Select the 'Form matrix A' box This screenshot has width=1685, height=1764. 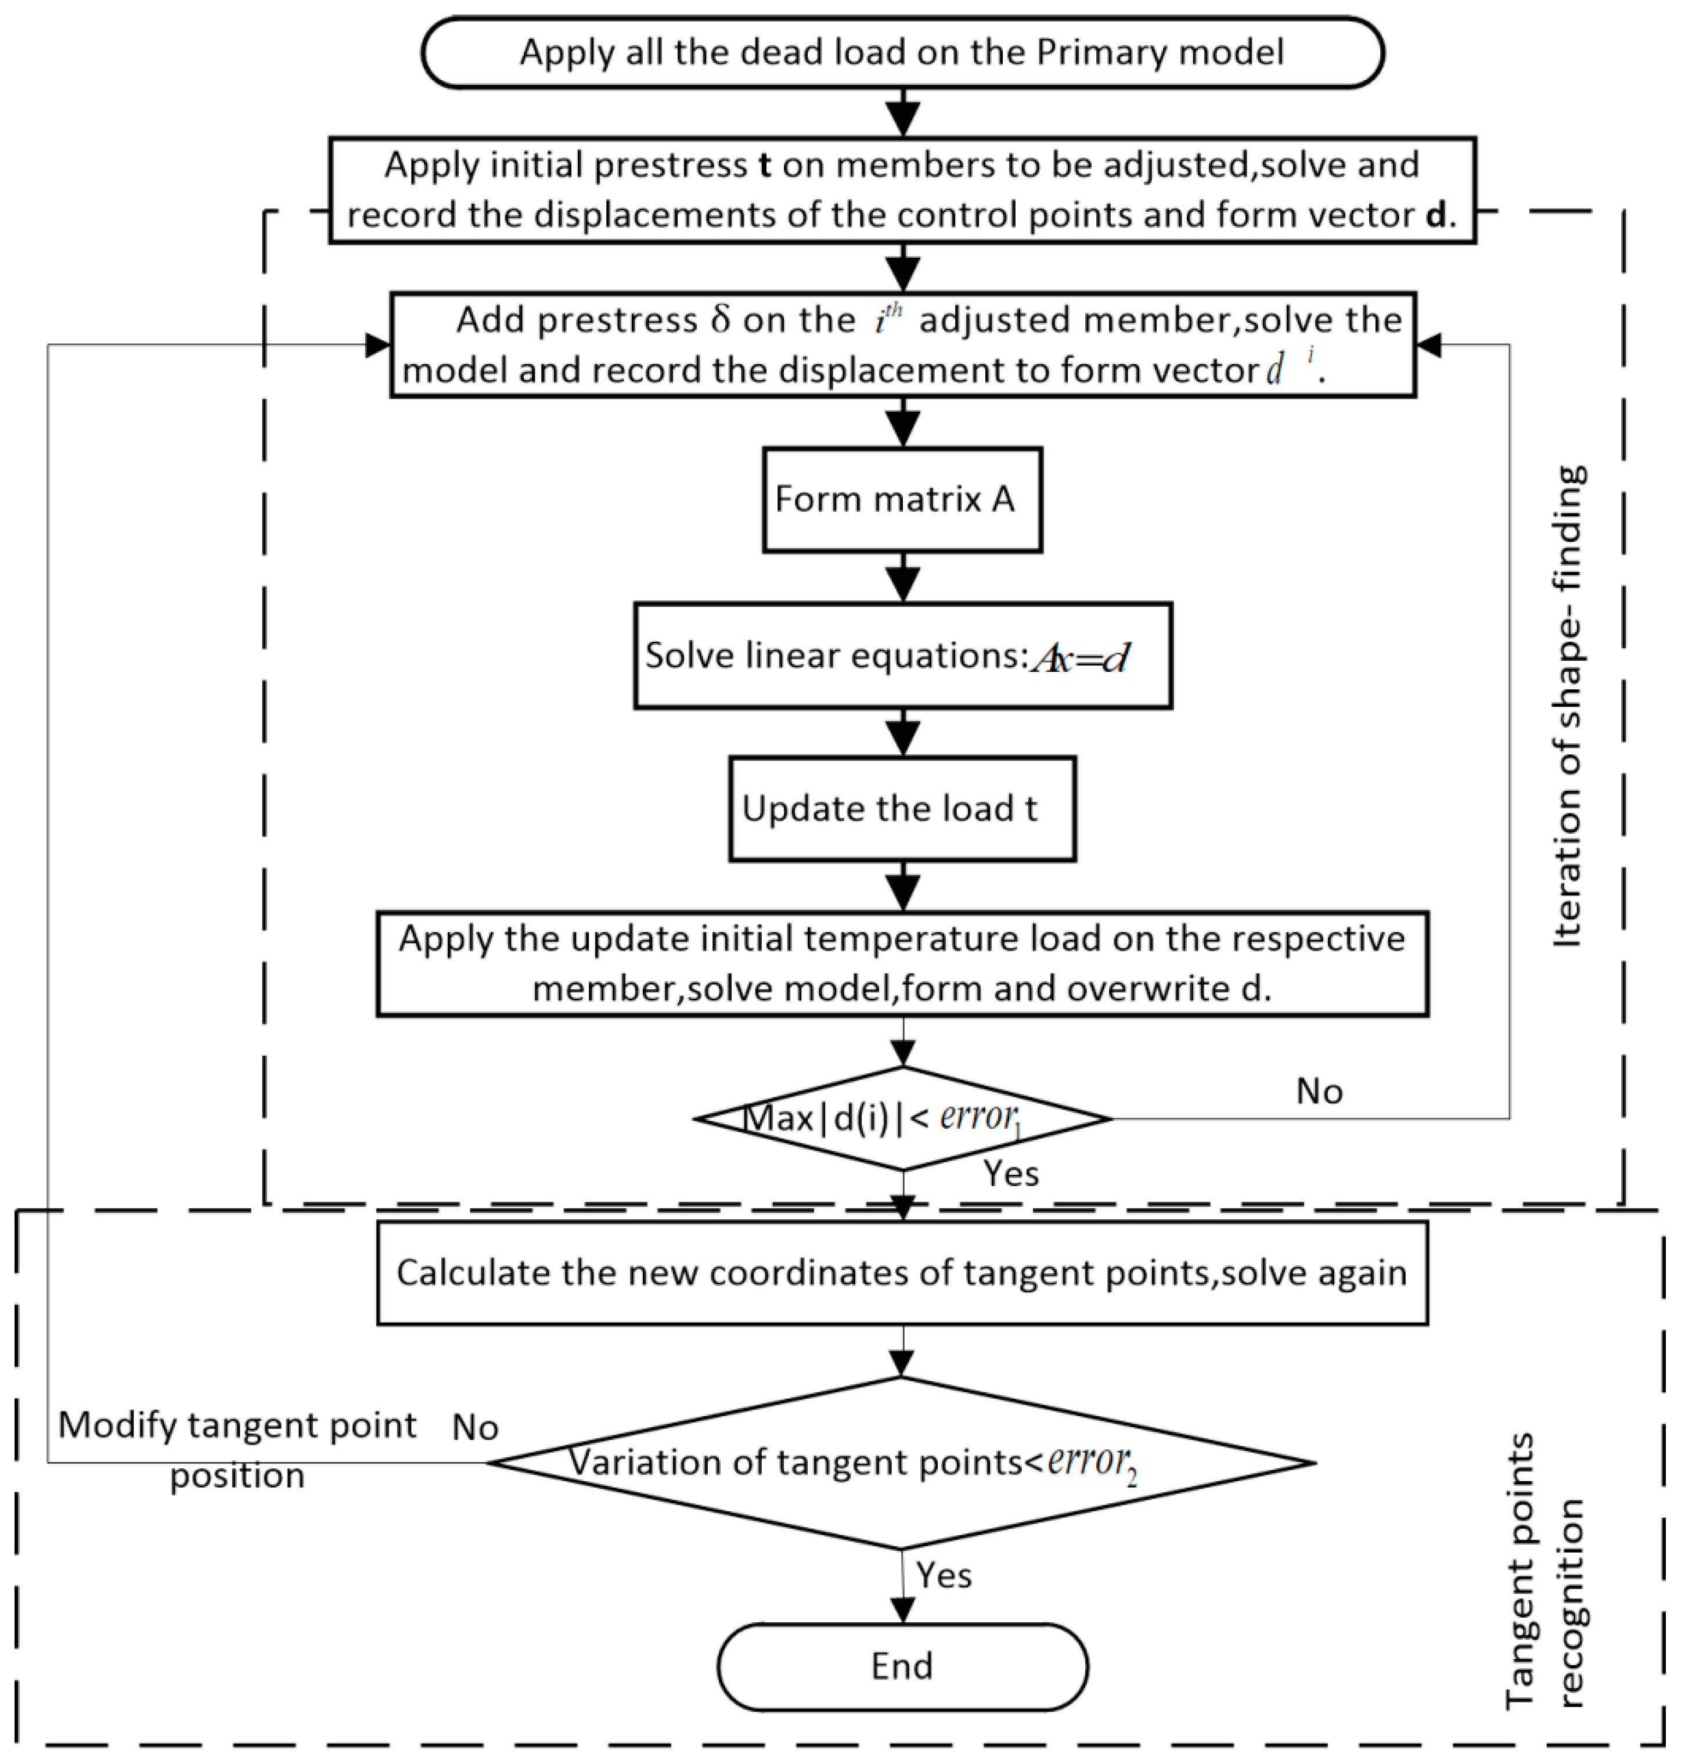pos(902,499)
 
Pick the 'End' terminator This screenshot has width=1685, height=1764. pos(902,1666)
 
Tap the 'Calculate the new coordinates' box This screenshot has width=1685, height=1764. pos(902,1273)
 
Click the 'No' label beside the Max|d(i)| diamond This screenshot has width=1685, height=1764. pos(1319,1091)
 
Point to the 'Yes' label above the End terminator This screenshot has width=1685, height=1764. pos(943,1575)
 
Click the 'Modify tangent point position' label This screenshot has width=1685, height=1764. pos(237,1450)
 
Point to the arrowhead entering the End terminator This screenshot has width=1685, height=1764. pos(902,1610)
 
